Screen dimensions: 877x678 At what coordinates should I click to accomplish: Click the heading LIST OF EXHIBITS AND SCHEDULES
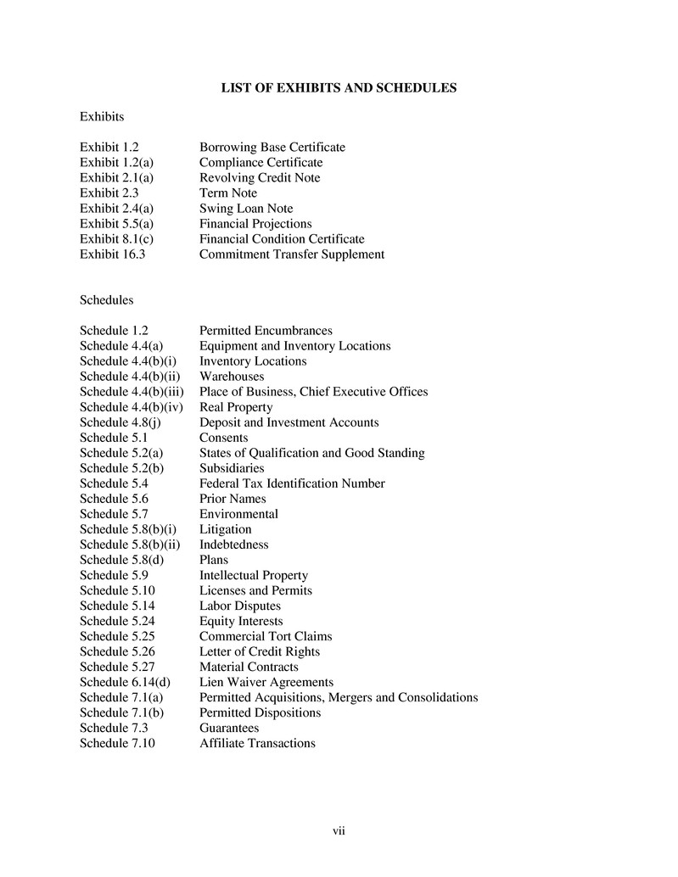(339, 87)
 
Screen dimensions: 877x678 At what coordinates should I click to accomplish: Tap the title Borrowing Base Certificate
(272, 148)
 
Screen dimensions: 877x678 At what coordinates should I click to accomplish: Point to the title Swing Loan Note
(246, 209)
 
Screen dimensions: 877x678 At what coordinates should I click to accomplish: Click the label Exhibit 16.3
(113, 254)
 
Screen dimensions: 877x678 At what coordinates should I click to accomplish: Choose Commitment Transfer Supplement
(292, 254)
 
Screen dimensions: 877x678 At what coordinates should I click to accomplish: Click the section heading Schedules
(106, 300)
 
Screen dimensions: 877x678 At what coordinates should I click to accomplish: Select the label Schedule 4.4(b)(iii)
(132, 392)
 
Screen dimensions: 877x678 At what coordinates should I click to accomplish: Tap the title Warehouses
(232, 377)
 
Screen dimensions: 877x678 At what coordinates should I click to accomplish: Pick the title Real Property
(236, 407)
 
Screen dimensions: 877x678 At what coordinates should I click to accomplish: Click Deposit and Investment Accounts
(289, 422)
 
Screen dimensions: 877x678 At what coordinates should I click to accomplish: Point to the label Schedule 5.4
(114, 483)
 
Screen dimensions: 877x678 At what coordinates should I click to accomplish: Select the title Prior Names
(233, 499)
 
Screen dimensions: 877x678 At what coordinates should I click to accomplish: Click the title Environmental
(238, 514)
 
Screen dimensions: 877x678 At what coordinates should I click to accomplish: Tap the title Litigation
(225, 529)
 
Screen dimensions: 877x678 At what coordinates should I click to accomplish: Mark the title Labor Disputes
(240, 606)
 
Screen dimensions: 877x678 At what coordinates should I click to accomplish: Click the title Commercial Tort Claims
(266, 636)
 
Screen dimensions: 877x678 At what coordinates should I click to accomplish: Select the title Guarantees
(229, 728)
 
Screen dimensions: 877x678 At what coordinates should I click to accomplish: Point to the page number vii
(339, 830)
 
